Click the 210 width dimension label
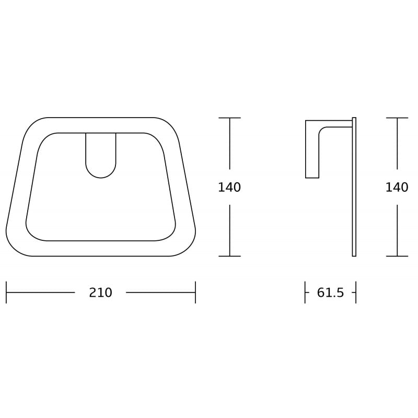pyautogui.click(x=100, y=293)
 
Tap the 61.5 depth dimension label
pyautogui.click(x=330, y=293)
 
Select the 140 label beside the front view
pyautogui.click(x=229, y=187)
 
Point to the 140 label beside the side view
pyautogui.click(x=397, y=187)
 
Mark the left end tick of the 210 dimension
pyautogui.click(x=6, y=293)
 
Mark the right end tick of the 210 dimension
pyautogui.click(x=195, y=293)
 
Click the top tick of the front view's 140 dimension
pyautogui.click(x=229, y=118)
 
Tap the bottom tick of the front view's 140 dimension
pyautogui.click(x=229, y=256)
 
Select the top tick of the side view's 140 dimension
pyautogui.click(x=397, y=118)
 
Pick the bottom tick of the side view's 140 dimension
pyautogui.click(x=397, y=256)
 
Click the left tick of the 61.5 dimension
pyautogui.click(x=305, y=293)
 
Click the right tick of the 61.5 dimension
pyautogui.click(x=355, y=293)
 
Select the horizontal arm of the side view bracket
pyautogui.click(x=334, y=124)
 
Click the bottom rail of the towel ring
pyautogui.click(x=100, y=248)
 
